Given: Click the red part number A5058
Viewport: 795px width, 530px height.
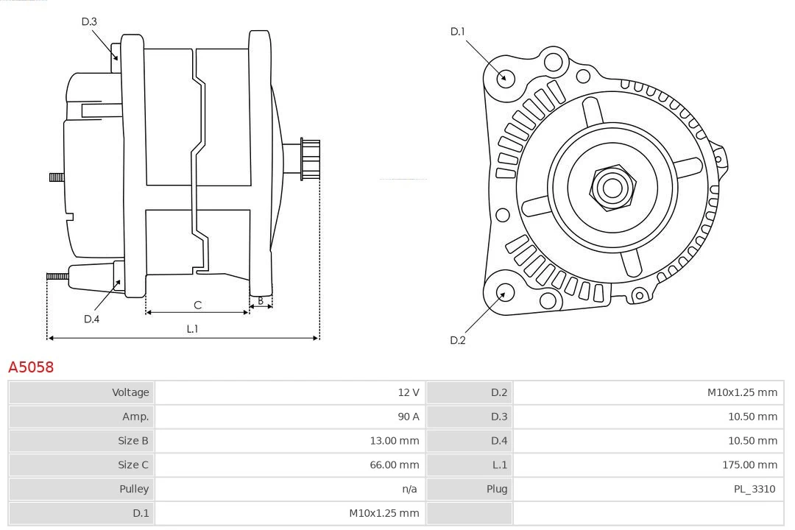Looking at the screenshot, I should pos(31,367).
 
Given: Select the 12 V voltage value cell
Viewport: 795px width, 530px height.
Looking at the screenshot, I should pos(409,392).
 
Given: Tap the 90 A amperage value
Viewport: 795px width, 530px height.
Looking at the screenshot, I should pos(409,417).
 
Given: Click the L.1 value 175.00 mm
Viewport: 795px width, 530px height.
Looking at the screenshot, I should pos(749,465).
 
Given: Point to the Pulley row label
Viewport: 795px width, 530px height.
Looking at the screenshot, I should pos(134,490).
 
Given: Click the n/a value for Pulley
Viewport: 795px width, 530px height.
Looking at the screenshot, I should pos(410,490).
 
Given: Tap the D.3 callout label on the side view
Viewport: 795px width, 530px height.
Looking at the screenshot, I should pos(89,22).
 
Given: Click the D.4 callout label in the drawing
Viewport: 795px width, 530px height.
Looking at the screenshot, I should pos(91,319).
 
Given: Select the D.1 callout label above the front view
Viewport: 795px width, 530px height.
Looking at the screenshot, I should pos(458,32).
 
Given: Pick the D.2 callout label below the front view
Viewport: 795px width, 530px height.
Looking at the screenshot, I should pos(458,340).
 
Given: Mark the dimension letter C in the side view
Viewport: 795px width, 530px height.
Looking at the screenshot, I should pos(197,305).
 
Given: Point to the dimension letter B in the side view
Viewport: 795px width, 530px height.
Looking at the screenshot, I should pos(261,300).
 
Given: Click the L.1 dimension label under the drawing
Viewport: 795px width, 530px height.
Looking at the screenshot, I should pos(192,329).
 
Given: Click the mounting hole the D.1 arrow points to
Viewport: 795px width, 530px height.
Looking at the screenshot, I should pos(505,77).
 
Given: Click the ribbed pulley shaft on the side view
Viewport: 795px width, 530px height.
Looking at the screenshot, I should pos(310,159).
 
